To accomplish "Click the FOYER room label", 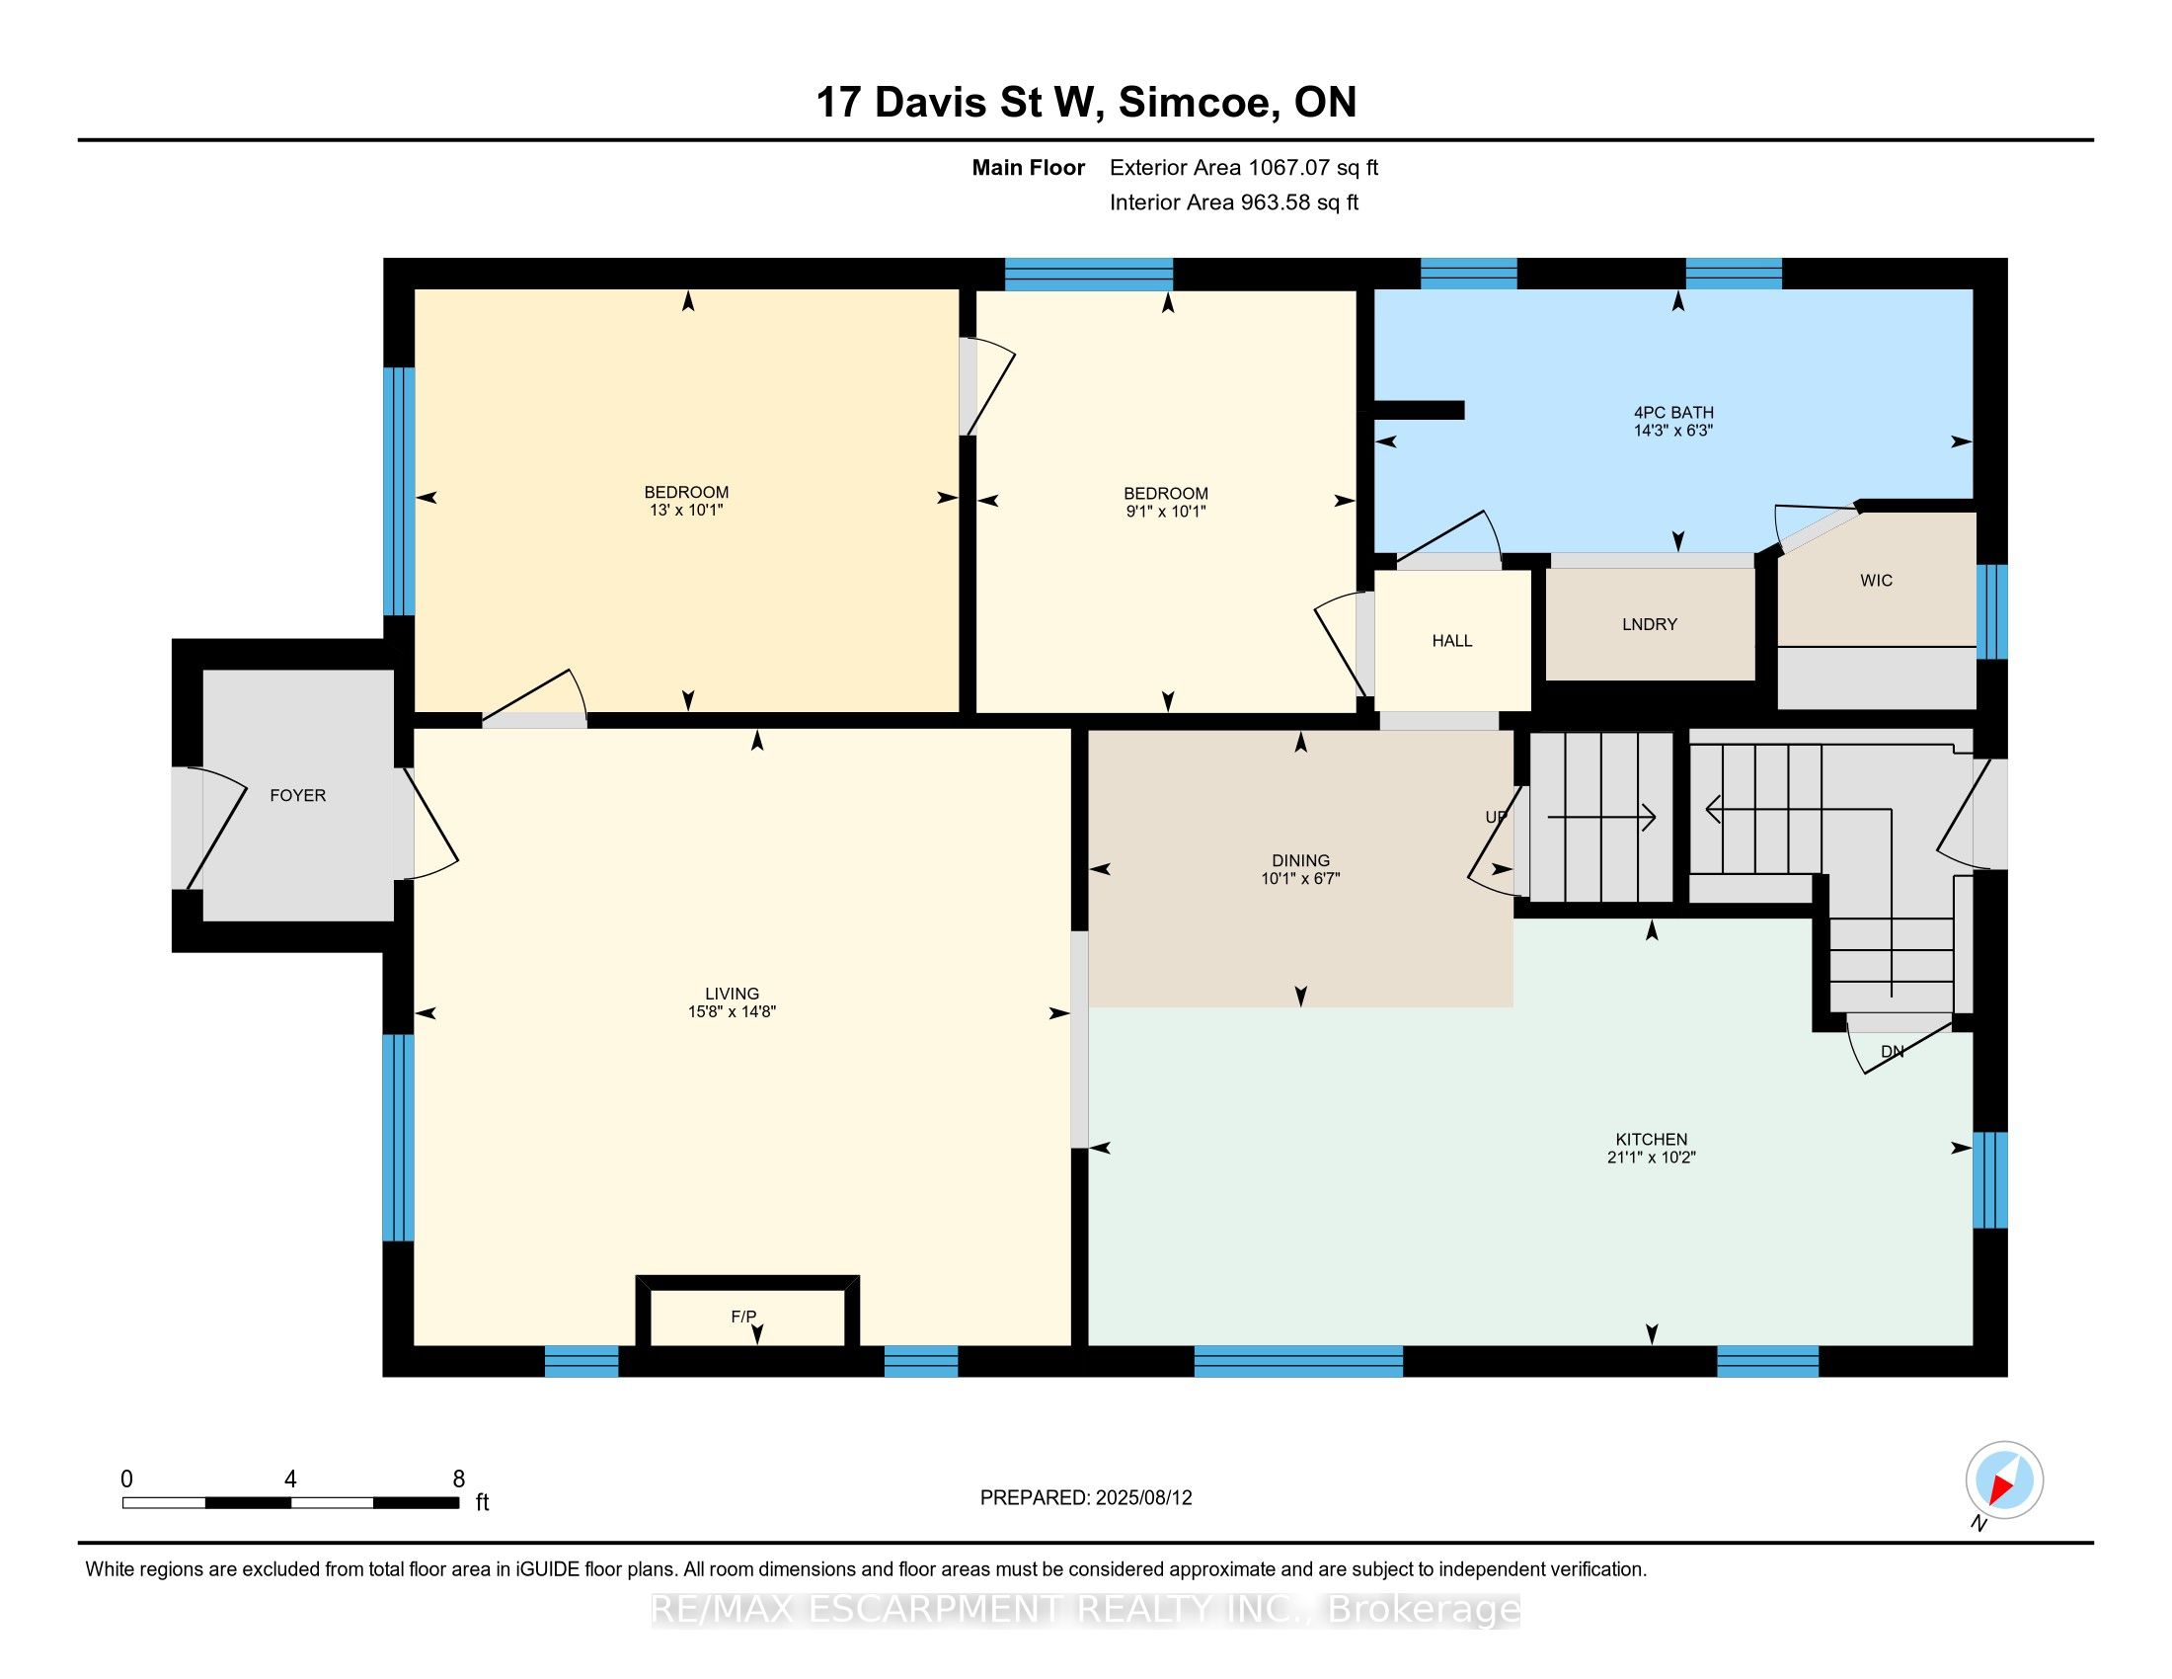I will click(x=297, y=795).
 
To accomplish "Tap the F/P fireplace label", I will click(x=742, y=1316).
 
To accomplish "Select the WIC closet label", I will click(x=1876, y=580).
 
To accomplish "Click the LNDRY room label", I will click(x=1649, y=623).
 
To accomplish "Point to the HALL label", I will click(x=1451, y=641).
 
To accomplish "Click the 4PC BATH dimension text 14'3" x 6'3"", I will click(x=1672, y=431).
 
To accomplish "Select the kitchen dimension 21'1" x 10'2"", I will click(x=1650, y=1157).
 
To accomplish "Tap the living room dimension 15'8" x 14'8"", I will click(x=731, y=1011).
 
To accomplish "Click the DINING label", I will click(x=1300, y=860).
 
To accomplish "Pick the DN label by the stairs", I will click(x=1892, y=1052).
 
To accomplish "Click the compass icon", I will click(x=2004, y=1479).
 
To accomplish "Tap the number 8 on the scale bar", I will click(x=458, y=1479).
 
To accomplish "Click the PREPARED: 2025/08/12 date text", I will click(x=1085, y=1497).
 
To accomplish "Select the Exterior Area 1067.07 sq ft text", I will click(x=1243, y=167).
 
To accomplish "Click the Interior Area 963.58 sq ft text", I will click(x=1233, y=201).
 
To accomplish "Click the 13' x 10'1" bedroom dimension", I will click(x=685, y=511).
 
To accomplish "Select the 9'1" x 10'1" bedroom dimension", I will click(x=1165, y=512).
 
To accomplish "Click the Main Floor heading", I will click(x=1028, y=167).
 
